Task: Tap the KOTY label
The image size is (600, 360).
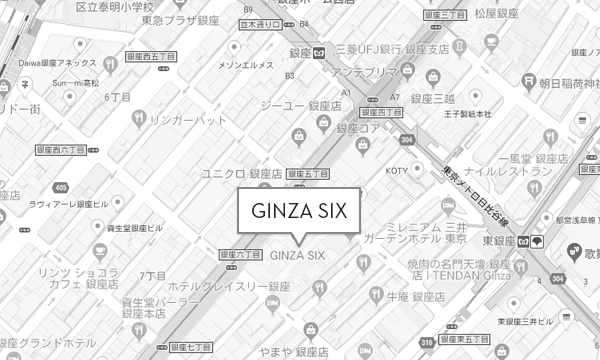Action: pyautogui.click(x=398, y=169)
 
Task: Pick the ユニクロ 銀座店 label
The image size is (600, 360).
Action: pyautogui.click(x=244, y=172)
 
